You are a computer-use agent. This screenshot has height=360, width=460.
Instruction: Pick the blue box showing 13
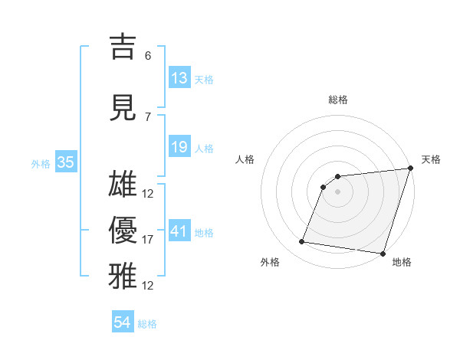[x=179, y=78]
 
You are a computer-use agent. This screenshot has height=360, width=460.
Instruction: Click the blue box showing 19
[x=179, y=147]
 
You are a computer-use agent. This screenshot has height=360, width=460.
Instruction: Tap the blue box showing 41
[x=179, y=231]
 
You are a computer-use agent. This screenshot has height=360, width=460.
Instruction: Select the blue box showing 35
[x=65, y=162]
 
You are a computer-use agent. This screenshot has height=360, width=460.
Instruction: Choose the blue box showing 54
[x=123, y=322]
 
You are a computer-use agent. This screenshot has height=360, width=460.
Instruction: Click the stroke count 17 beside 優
[x=148, y=240]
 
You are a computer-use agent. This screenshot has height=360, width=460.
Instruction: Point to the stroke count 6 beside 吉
[x=148, y=56]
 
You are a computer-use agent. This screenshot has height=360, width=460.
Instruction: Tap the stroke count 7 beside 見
[x=148, y=117]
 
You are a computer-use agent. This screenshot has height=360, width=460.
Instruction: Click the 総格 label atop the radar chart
[x=337, y=100]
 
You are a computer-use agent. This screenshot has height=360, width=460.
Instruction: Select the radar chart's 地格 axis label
[x=402, y=262]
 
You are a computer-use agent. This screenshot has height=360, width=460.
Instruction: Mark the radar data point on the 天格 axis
[x=409, y=169]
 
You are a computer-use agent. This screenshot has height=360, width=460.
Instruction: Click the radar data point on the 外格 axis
[x=302, y=242]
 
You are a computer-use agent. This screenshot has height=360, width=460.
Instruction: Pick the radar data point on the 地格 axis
[x=383, y=254]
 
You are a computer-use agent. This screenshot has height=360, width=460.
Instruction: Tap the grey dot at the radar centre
[x=337, y=192]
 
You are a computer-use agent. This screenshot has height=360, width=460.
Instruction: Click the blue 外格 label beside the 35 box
[x=41, y=163]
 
